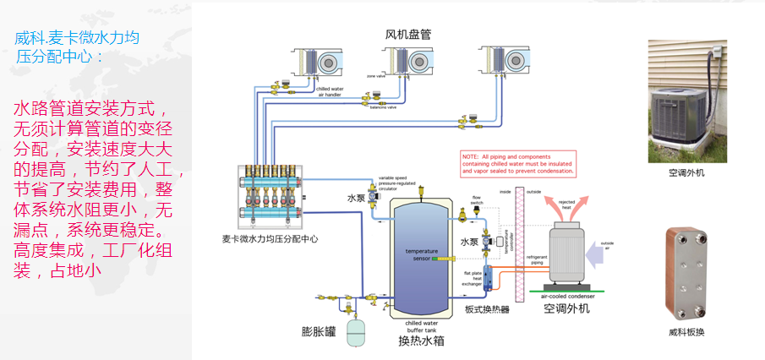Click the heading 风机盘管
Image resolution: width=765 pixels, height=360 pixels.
[x=408, y=35]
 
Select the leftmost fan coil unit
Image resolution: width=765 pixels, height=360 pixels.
[x=314, y=63]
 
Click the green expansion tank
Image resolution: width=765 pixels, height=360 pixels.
[x=359, y=330]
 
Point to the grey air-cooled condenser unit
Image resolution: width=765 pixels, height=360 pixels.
[x=571, y=253]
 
